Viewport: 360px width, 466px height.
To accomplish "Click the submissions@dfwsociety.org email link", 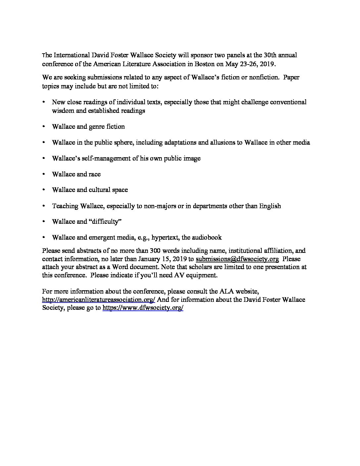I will tap(237, 259).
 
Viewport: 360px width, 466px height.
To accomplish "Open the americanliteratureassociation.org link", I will tap(99, 300).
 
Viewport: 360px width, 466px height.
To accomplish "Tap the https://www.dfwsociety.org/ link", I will tap(143, 308).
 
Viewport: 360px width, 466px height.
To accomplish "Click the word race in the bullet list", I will tap(94, 174).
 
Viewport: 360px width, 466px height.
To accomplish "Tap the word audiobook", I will tap(207, 237).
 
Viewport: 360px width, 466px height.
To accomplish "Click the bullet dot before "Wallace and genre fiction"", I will tap(43, 126).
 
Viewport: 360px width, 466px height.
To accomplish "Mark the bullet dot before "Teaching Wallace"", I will tap(43, 206).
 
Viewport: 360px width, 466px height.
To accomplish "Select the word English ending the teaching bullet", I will tap(270, 206).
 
